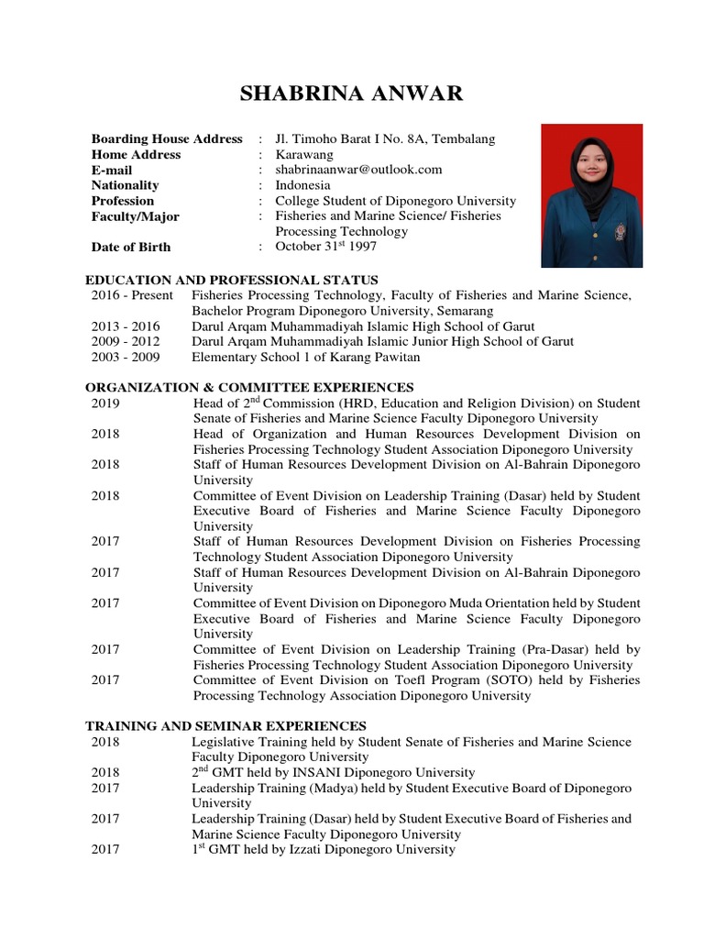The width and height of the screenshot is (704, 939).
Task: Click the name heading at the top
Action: point(351,94)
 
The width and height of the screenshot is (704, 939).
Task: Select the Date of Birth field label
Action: point(131,247)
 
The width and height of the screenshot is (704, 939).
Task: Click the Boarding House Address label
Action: point(167,138)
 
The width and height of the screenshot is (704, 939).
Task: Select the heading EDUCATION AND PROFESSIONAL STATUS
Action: point(232,280)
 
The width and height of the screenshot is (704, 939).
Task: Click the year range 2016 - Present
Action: point(132,295)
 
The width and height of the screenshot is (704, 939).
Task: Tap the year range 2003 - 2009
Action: point(126,357)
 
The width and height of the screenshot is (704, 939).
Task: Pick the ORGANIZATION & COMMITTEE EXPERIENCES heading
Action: point(249,387)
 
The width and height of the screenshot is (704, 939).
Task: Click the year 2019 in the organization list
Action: point(105,403)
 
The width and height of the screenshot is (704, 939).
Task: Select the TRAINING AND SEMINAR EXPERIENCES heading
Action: point(225,725)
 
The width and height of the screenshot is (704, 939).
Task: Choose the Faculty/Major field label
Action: point(136,216)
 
